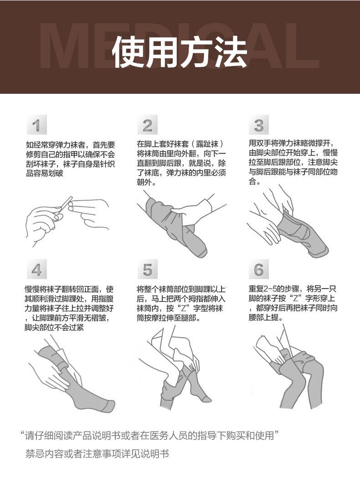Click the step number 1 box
(x=36, y=125)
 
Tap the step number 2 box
(x=147, y=125)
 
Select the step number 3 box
(x=259, y=125)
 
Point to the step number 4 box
(x=36, y=269)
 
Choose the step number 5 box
(x=147, y=269)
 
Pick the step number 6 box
(x=259, y=269)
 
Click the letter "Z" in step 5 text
(x=184, y=308)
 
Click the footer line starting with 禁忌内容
(x=97, y=454)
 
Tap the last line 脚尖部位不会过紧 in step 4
(x=54, y=328)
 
